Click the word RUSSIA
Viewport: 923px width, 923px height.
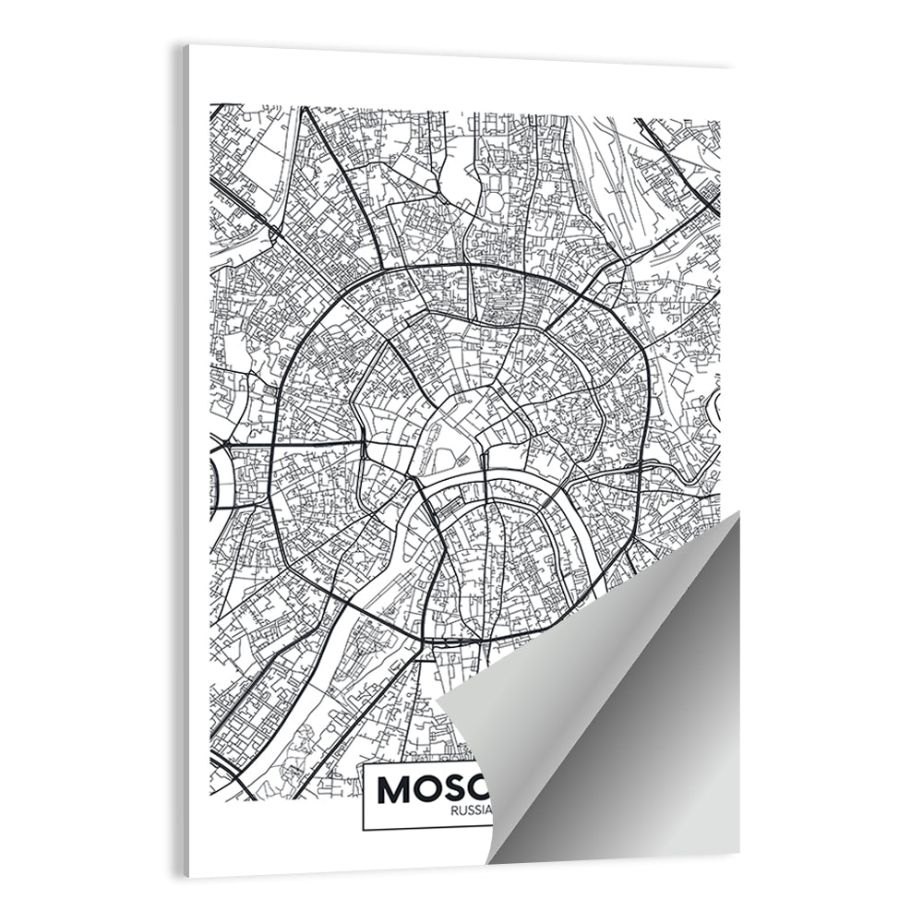pyautogui.click(x=471, y=811)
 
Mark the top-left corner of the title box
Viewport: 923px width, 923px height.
pyautogui.click(x=363, y=765)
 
